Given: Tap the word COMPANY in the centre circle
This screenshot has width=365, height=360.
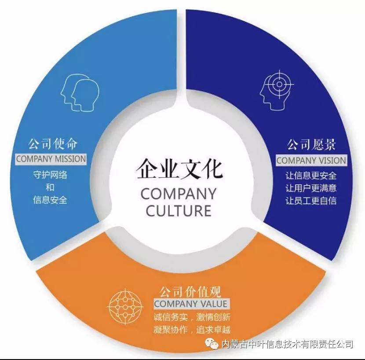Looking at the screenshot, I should pyautogui.click(x=178, y=194).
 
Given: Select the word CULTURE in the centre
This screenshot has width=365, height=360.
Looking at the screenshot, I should pyautogui.click(x=179, y=210).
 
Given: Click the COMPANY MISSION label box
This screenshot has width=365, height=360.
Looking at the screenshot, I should pyautogui.click(x=51, y=158).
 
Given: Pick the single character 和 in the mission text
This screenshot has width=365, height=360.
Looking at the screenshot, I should pyautogui.click(x=50, y=187).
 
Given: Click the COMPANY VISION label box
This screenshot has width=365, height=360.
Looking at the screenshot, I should pyautogui.click(x=311, y=160).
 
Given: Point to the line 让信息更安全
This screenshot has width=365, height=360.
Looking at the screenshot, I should pyautogui.click(x=311, y=176).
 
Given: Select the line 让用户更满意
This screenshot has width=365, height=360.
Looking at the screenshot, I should pyautogui.click(x=311, y=188).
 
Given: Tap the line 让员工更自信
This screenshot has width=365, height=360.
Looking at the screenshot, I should pyautogui.click(x=311, y=201).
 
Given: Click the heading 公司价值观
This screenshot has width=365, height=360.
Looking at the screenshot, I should pyautogui.click(x=190, y=291).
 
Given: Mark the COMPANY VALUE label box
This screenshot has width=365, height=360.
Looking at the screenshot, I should pyautogui.click(x=190, y=304).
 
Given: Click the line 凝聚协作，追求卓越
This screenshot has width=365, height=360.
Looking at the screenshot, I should pyautogui.click(x=192, y=329).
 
